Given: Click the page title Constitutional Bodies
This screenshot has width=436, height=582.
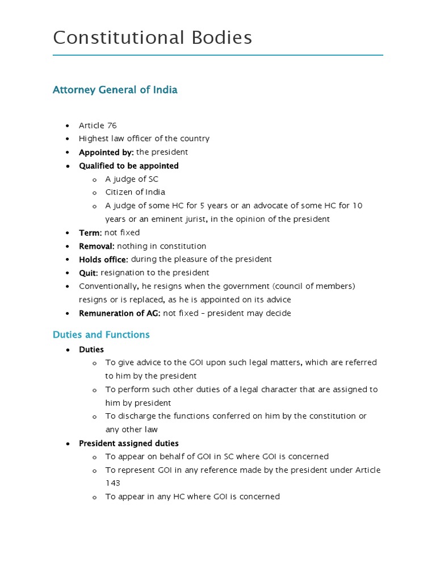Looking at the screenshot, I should pyautogui.click(x=152, y=38).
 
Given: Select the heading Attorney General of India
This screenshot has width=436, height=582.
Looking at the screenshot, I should pyautogui.click(x=115, y=90).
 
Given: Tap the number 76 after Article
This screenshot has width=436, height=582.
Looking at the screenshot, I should pyautogui.click(x=112, y=125).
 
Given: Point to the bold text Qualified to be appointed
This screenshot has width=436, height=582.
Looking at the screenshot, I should pyautogui.click(x=128, y=166).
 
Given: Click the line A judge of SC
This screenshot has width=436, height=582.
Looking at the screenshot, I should pyautogui.click(x=132, y=179).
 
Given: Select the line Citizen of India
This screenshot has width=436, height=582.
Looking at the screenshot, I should pyautogui.click(x=135, y=192).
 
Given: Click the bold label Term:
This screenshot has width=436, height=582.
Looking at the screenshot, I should pyautogui.click(x=90, y=232).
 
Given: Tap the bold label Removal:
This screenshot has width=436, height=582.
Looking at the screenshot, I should pyautogui.click(x=97, y=246).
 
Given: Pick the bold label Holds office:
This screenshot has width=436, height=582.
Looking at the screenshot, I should pyautogui.click(x=103, y=259).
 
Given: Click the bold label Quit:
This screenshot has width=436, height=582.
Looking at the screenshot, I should pyautogui.click(x=89, y=273).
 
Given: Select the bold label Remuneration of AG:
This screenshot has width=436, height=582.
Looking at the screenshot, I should pyautogui.click(x=120, y=313).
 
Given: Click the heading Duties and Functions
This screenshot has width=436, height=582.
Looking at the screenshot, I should pyautogui.click(x=101, y=335).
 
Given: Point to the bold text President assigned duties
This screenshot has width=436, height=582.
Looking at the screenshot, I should pyautogui.click(x=128, y=443).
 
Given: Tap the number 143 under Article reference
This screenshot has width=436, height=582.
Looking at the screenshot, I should pyautogui.click(x=112, y=483).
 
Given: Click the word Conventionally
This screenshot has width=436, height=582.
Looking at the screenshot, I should pyautogui.click(x=106, y=286).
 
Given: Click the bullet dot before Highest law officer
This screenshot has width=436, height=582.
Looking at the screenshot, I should pyautogui.click(x=68, y=139).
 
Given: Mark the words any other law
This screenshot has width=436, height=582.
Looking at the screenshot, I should pyautogui.click(x=131, y=430).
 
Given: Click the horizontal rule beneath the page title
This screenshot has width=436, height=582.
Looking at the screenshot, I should pyautogui.click(x=218, y=55).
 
